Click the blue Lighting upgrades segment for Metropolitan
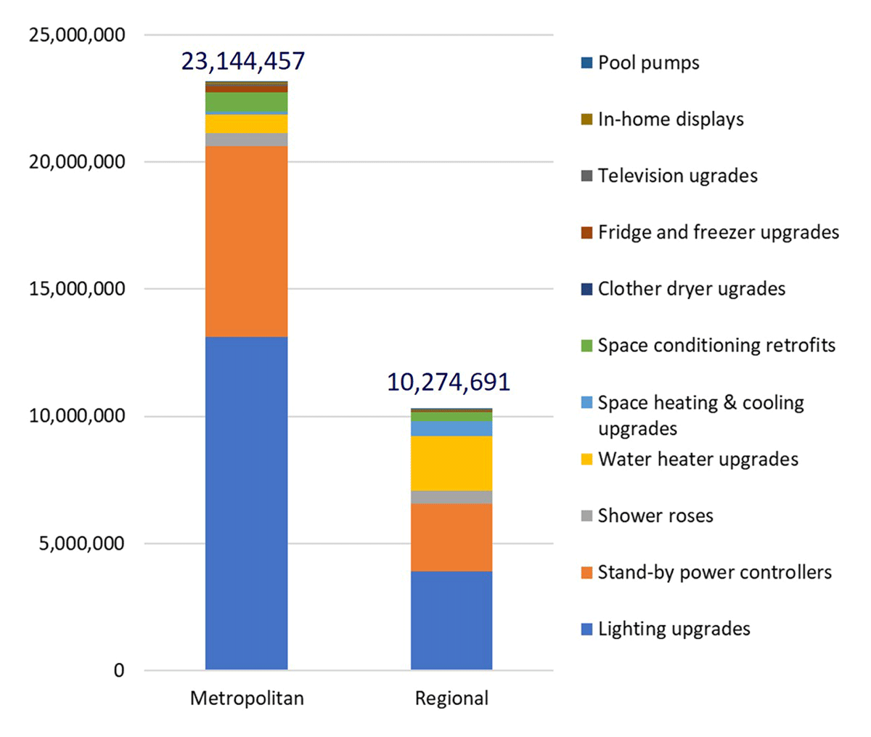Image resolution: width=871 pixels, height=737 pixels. click(246, 502)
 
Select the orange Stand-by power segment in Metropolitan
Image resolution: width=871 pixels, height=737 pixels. click(246, 241)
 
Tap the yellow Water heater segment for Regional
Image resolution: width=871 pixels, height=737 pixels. click(451, 463)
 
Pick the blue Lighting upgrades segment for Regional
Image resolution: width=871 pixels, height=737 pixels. click(451, 620)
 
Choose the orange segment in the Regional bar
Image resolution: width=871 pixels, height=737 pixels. click(451, 537)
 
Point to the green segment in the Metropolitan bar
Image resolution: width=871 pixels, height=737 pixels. click(246, 102)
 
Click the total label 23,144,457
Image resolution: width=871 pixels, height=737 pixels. click(243, 61)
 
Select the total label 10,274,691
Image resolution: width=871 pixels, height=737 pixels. click(449, 382)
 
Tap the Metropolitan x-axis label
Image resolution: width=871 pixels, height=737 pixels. click(247, 699)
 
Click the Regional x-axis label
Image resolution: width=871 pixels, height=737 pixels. click(451, 699)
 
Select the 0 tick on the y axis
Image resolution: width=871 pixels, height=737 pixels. click(118, 671)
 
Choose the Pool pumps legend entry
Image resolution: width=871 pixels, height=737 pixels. click(648, 62)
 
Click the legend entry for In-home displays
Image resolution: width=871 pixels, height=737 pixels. click(671, 119)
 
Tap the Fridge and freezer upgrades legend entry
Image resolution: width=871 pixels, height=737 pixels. click(718, 232)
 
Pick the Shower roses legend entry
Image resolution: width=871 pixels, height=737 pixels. click(655, 516)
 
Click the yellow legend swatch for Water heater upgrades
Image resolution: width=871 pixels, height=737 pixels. click(587, 460)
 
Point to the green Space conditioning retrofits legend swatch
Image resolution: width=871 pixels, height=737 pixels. click(587, 346)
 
